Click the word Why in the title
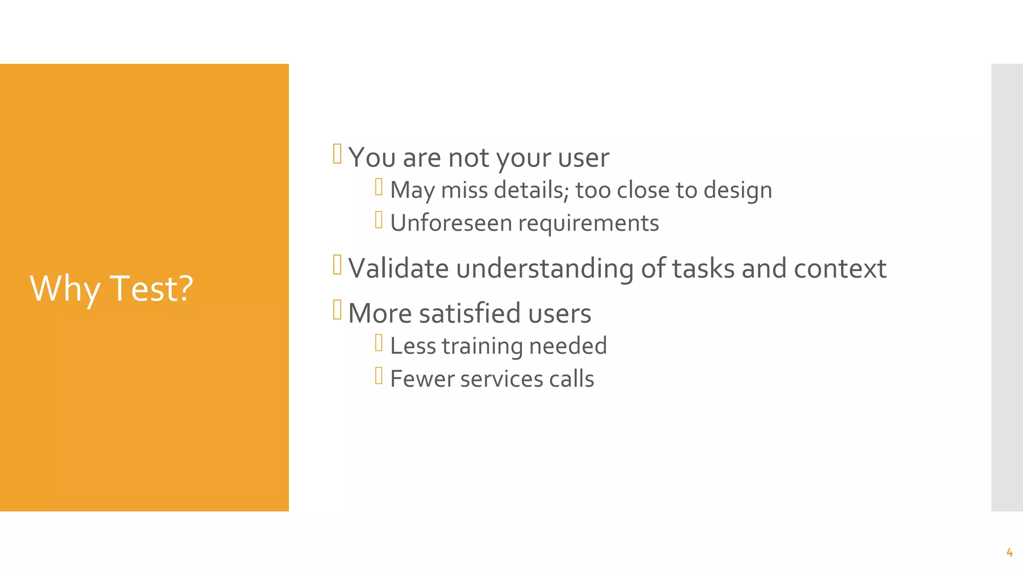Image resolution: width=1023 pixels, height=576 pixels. (65, 289)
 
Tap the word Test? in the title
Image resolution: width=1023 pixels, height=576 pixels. (151, 289)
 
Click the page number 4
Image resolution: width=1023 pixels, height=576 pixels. (1009, 552)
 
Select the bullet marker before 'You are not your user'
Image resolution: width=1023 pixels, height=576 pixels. (337, 154)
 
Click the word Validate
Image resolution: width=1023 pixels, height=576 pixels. (398, 268)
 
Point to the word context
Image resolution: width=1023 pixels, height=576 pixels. (840, 268)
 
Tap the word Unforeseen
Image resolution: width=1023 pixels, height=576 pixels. (451, 223)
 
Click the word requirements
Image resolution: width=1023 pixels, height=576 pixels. (588, 223)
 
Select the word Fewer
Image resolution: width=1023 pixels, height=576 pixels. (422, 378)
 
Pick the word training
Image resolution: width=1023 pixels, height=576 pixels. (482, 346)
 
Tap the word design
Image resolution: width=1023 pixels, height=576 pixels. (738, 190)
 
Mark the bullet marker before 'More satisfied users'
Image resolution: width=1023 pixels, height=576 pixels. (337, 309)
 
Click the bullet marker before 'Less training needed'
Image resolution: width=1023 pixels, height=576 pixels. (379, 343)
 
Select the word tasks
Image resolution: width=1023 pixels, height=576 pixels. (703, 268)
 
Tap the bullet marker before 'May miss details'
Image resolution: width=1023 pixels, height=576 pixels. (379, 187)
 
